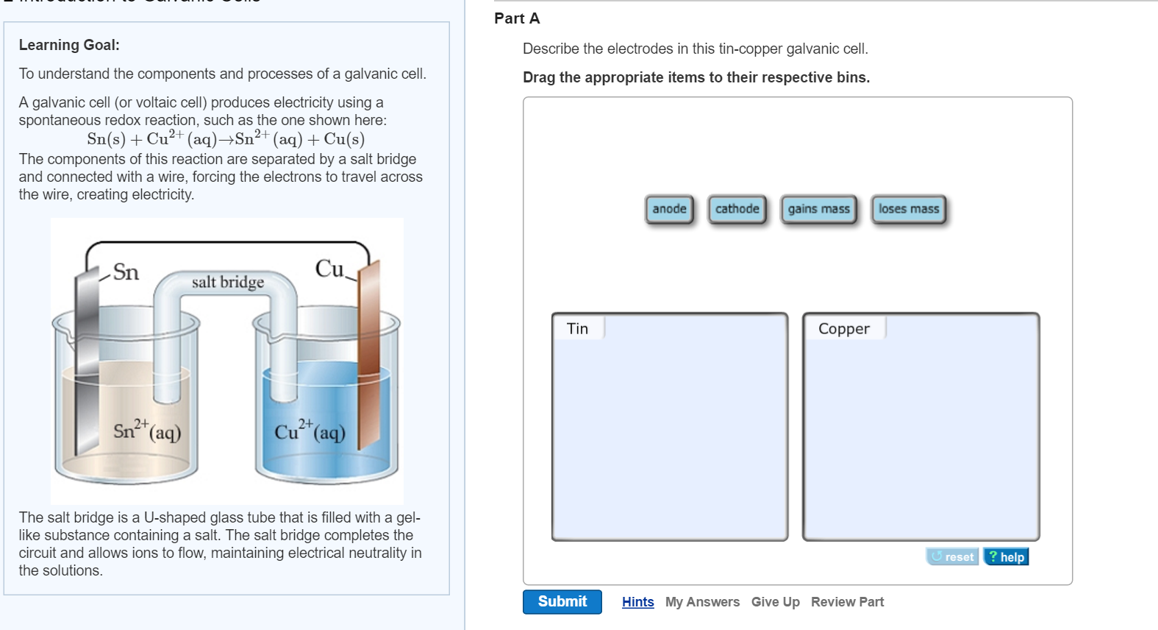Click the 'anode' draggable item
pos(669,210)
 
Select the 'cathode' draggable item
pos(737,210)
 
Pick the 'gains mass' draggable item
pos(818,210)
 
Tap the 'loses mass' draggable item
pos(908,210)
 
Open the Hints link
pos(637,602)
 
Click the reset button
pos(952,557)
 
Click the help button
pos(1007,557)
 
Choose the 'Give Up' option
pos(775,602)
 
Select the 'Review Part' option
pos(847,602)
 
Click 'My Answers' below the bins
pos(702,602)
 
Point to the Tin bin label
pos(578,329)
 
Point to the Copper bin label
pos(843,329)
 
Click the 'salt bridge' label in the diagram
pos(228,282)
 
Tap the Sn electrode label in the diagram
pos(126,272)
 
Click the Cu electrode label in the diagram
pos(329,269)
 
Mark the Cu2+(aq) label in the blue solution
pos(310,431)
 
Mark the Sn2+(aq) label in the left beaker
pos(147,430)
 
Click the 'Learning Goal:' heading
pos(69,45)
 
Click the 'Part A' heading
pos(517,18)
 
